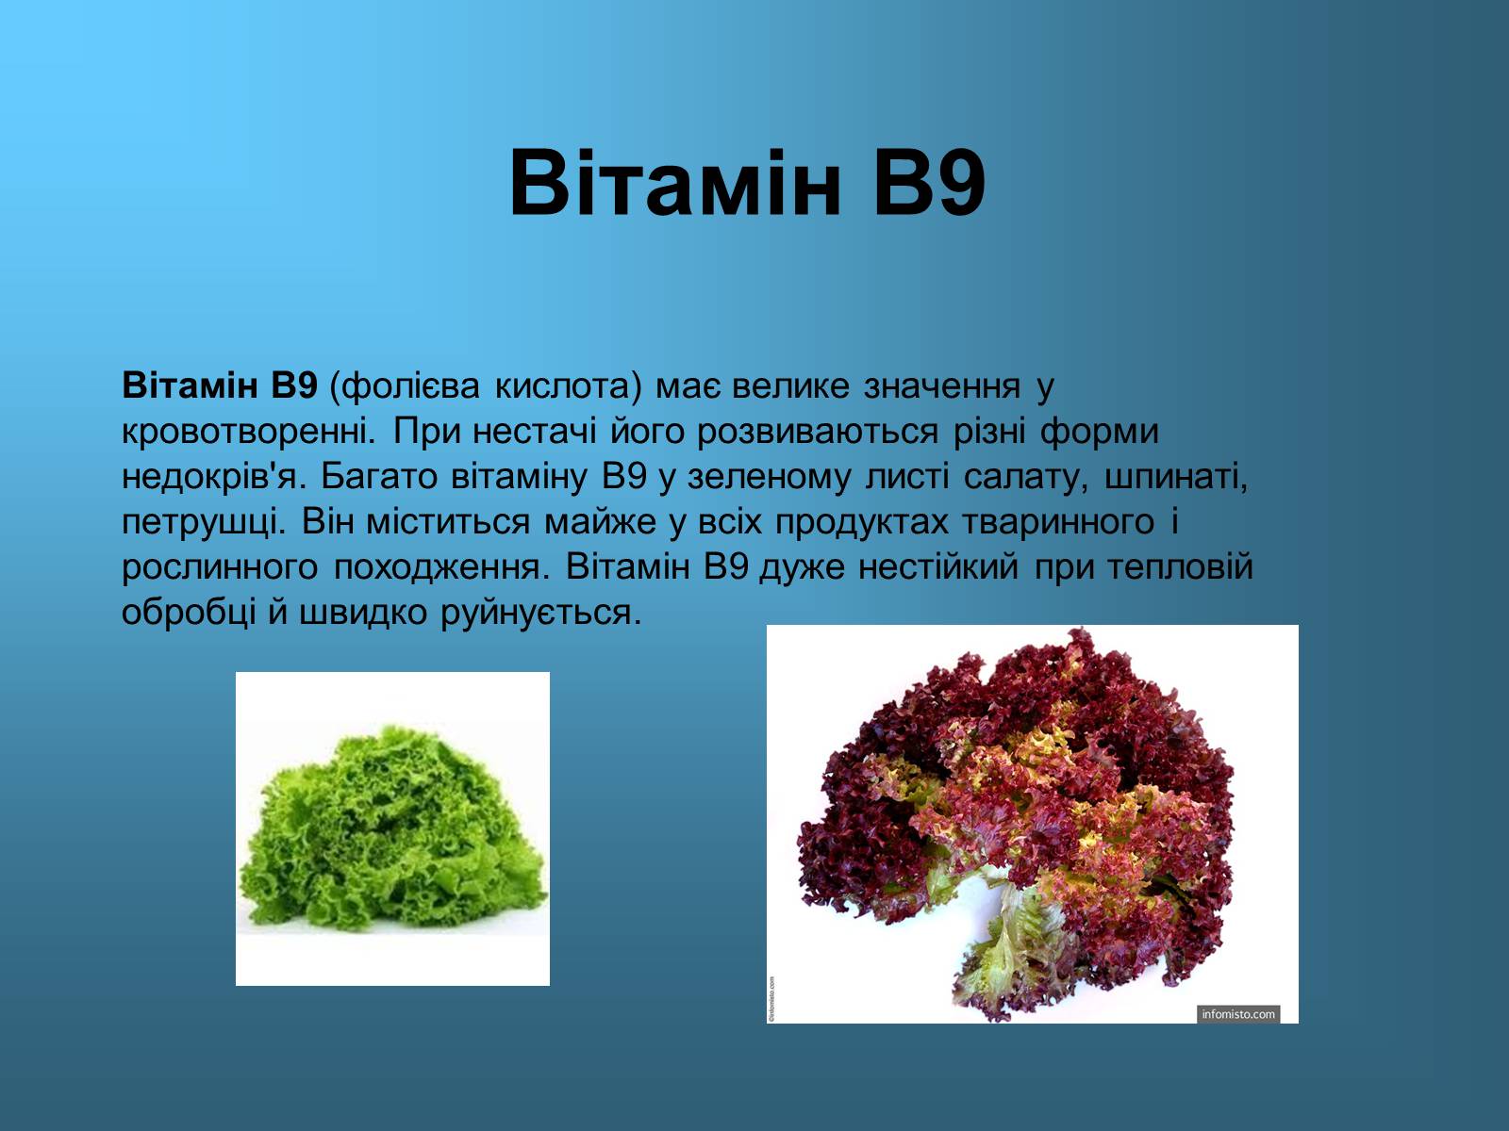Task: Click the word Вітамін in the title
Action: pos(675,183)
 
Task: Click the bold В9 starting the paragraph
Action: pos(294,385)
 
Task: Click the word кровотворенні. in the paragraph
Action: pos(249,432)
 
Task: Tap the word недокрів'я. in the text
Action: pos(212,477)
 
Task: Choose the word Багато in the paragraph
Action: pos(379,477)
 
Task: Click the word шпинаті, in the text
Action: pos(1175,477)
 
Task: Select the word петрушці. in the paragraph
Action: pos(204,522)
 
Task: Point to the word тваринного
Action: pos(1058,522)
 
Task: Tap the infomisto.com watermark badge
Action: pos(1238,1013)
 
